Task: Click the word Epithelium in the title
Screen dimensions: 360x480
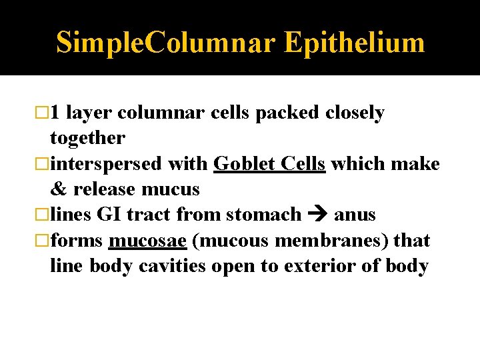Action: point(354,42)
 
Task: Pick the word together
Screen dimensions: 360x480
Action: point(87,138)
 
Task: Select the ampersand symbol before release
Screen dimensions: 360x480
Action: point(59,189)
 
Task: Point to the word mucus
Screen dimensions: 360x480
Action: point(171,189)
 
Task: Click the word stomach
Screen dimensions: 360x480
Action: point(264,215)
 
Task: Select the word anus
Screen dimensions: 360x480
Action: point(355,215)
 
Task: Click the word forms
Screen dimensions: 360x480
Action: point(76,240)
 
